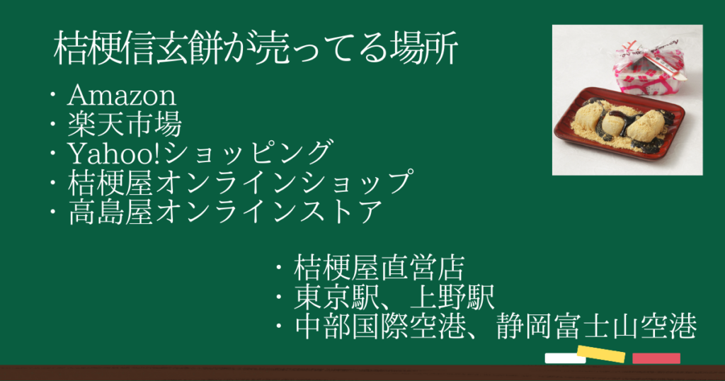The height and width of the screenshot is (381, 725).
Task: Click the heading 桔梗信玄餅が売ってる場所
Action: coord(256,48)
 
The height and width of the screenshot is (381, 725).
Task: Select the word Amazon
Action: coord(122,96)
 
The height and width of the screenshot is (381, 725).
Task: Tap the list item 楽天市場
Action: coord(125,125)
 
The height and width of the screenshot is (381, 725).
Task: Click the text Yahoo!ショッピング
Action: coord(200,153)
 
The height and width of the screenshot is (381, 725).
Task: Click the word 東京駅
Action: coord(330,297)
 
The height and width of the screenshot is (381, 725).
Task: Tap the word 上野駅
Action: coord(452,297)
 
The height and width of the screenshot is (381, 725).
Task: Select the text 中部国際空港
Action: coord(380,326)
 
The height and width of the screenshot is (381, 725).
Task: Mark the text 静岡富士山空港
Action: coord(596,326)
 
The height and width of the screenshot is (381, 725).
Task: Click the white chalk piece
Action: coord(564,358)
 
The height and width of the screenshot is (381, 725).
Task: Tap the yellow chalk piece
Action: coord(601,353)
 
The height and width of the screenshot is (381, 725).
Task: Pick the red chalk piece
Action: coord(656,358)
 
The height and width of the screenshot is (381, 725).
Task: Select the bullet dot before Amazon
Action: coord(53,96)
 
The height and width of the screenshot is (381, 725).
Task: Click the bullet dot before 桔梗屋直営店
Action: coord(279,268)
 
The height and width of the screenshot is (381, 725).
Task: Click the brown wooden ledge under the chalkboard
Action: coord(362,373)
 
